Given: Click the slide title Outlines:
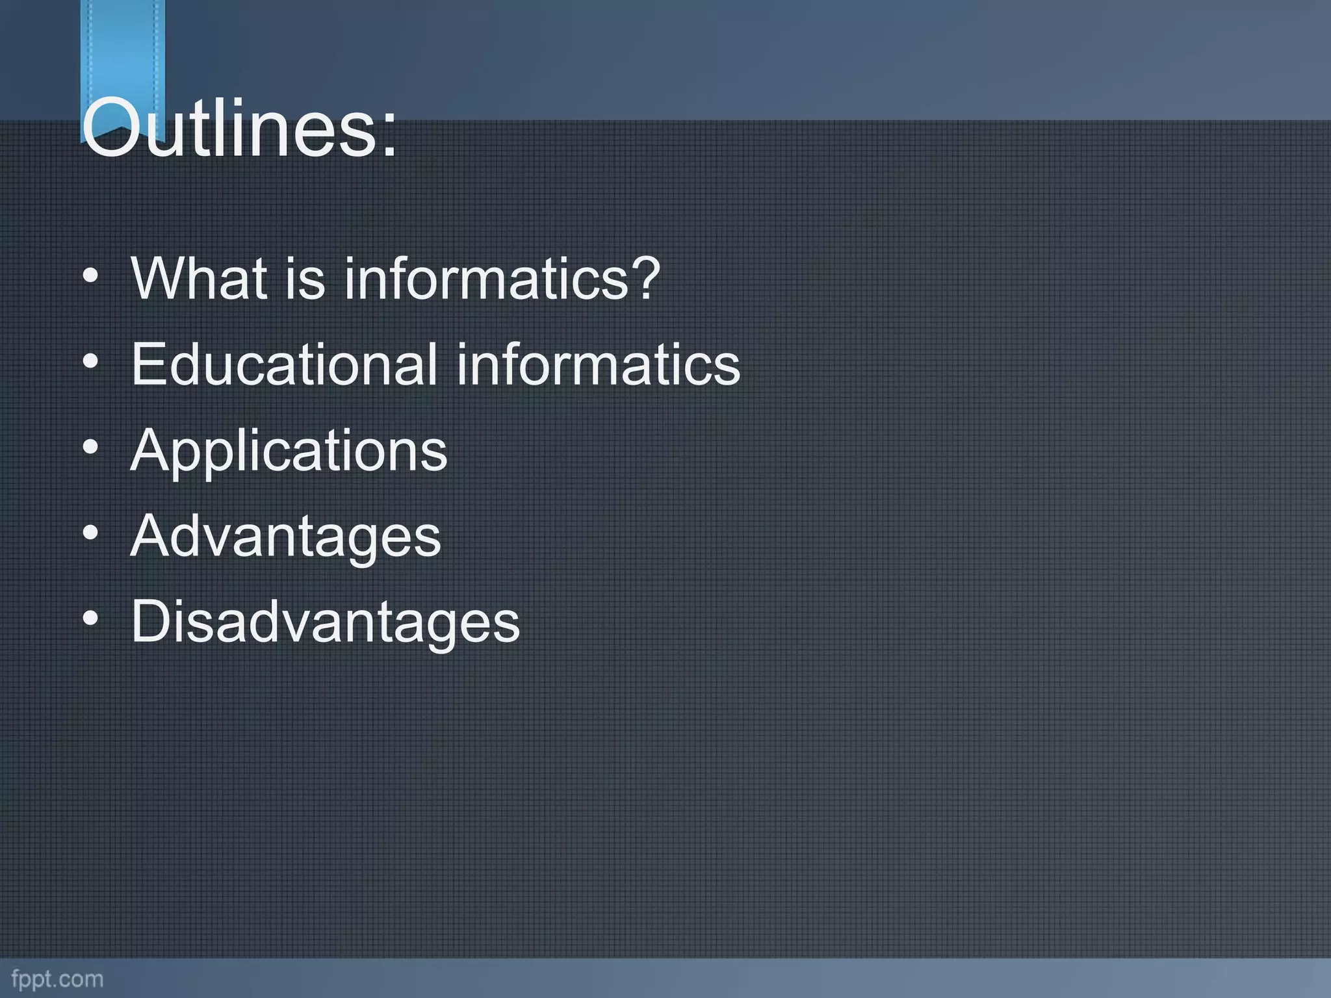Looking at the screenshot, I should [x=239, y=128].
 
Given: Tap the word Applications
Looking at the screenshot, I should [x=289, y=451].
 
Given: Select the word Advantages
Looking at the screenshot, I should [x=286, y=537].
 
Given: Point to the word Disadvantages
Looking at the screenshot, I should [x=326, y=622].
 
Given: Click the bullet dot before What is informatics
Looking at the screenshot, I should [x=91, y=275].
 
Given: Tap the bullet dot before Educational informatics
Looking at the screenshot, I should [x=91, y=361].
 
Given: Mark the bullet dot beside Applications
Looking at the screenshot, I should [x=91, y=447].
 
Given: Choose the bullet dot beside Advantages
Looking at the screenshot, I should [x=91, y=533].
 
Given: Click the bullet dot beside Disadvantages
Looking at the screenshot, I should [x=91, y=619].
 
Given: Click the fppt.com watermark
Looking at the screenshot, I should [x=57, y=979].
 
